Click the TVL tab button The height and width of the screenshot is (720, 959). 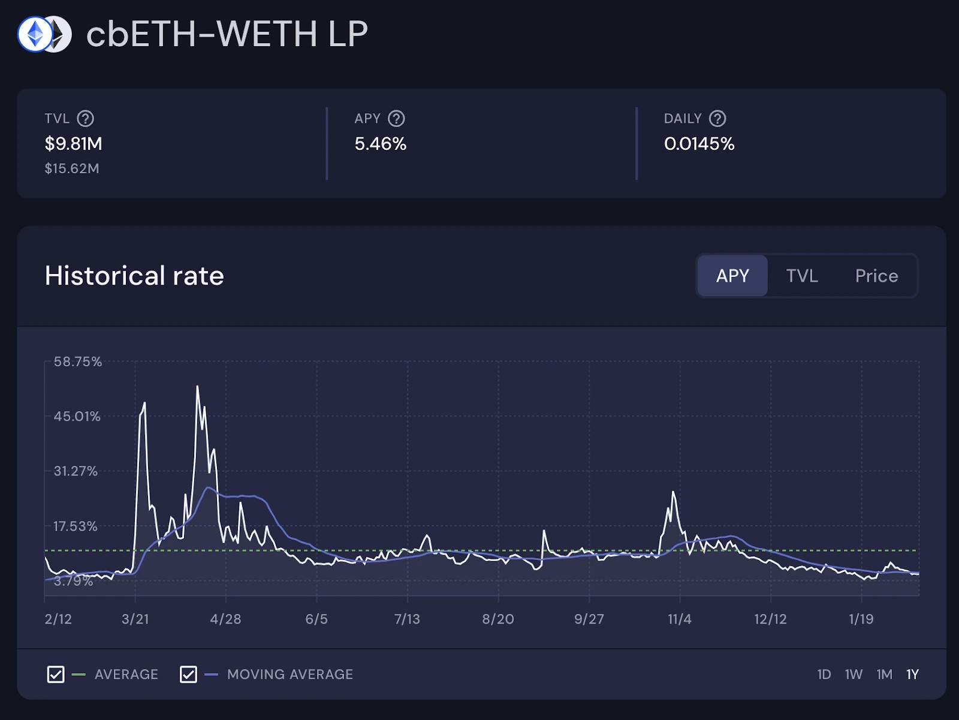click(x=802, y=276)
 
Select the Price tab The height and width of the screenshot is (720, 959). click(x=876, y=276)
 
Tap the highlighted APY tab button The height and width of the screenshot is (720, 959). click(x=732, y=276)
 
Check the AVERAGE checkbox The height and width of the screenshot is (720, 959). click(x=56, y=674)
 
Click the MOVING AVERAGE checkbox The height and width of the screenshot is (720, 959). click(x=188, y=674)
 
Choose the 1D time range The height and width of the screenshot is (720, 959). click(x=824, y=674)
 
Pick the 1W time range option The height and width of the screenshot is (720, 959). click(x=854, y=674)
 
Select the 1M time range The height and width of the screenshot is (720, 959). click(x=884, y=674)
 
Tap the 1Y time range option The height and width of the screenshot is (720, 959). click(x=912, y=674)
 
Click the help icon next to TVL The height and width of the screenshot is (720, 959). click(x=86, y=119)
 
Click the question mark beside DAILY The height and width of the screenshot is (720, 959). click(x=717, y=119)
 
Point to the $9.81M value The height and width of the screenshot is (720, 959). click(x=73, y=144)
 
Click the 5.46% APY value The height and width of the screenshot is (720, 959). click(x=380, y=144)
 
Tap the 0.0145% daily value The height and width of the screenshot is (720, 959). click(x=699, y=144)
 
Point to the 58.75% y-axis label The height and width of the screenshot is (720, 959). click(x=78, y=361)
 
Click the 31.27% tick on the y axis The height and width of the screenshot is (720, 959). click(x=76, y=471)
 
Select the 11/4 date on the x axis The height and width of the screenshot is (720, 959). click(x=680, y=619)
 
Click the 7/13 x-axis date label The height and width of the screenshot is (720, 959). click(x=407, y=619)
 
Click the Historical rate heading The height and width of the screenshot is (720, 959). click(x=134, y=276)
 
